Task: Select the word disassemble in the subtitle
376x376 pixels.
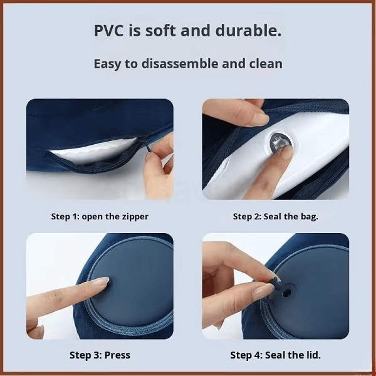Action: coord(180,63)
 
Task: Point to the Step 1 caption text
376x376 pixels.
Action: coord(100,217)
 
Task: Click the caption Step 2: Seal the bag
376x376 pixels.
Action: coord(276,217)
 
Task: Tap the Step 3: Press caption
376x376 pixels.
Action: coord(100,355)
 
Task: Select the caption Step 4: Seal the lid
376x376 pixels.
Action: coord(276,355)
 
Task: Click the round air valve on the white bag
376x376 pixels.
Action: coord(279,143)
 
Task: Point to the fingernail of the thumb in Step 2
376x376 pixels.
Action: coord(259,118)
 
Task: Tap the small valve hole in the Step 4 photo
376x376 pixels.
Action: coord(286,293)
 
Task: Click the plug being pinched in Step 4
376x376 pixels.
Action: coord(276,281)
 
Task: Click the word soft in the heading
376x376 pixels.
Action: coord(160,31)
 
